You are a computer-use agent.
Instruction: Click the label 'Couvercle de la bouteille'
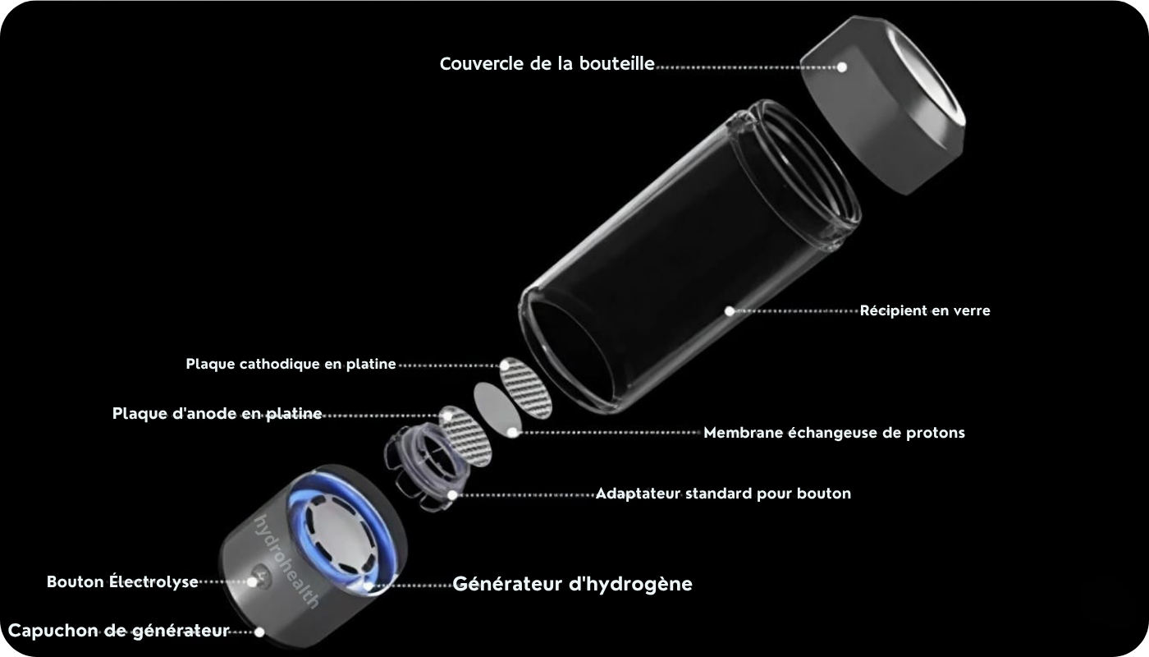pyautogui.click(x=547, y=64)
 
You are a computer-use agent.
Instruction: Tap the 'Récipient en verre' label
pyautogui.click(x=925, y=310)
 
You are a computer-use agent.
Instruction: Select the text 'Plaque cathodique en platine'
pyautogui.click(x=291, y=364)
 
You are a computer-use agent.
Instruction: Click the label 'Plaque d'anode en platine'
pyautogui.click(x=217, y=414)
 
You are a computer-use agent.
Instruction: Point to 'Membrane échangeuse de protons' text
pyautogui.click(x=834, y=433)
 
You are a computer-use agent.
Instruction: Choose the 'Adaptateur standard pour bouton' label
pyautogui.click(x=723, y=494)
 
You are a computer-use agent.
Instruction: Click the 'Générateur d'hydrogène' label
pyautogui.click(x=573, y=584)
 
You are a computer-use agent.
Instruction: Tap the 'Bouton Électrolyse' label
pyautogui.click(x=122, y=581)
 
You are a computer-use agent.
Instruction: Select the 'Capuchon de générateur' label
pyautogui.click(x=118, y=631)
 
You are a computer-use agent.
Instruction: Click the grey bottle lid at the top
pyautogui.click(x=882, y=105)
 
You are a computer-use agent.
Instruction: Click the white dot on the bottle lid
pyautogui.click(x=842, y=67)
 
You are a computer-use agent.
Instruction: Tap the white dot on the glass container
pyautogui.click(x=730, y=310)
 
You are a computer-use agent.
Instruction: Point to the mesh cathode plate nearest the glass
pyautogui.click(x=526, y=388)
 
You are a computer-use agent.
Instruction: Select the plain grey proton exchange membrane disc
pyautogui.click(x=497, y=410)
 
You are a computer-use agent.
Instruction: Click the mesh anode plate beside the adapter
pyautogui.click(x=465, y=436)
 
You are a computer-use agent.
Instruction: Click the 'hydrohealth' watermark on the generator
pyautogui.click(x=286, y=562)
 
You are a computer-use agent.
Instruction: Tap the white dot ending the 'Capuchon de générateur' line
pyautogui.click(x=259, y=632)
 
